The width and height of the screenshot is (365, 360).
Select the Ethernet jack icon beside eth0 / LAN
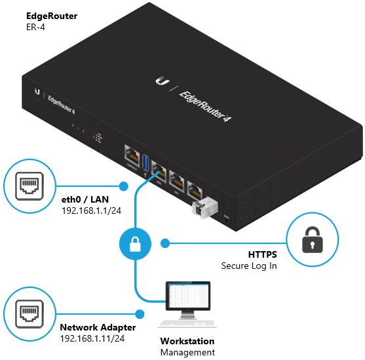click(29, 186)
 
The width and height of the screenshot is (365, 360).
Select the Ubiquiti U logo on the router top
click(160, 81)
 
